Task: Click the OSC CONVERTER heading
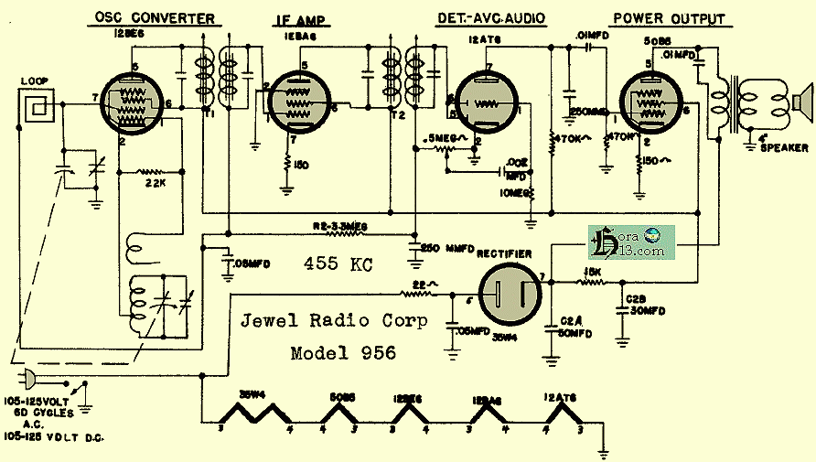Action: pos(155,18)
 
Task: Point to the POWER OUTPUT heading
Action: pos(668,19)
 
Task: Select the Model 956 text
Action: pos(343,353)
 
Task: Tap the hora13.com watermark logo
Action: pos(630,242)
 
